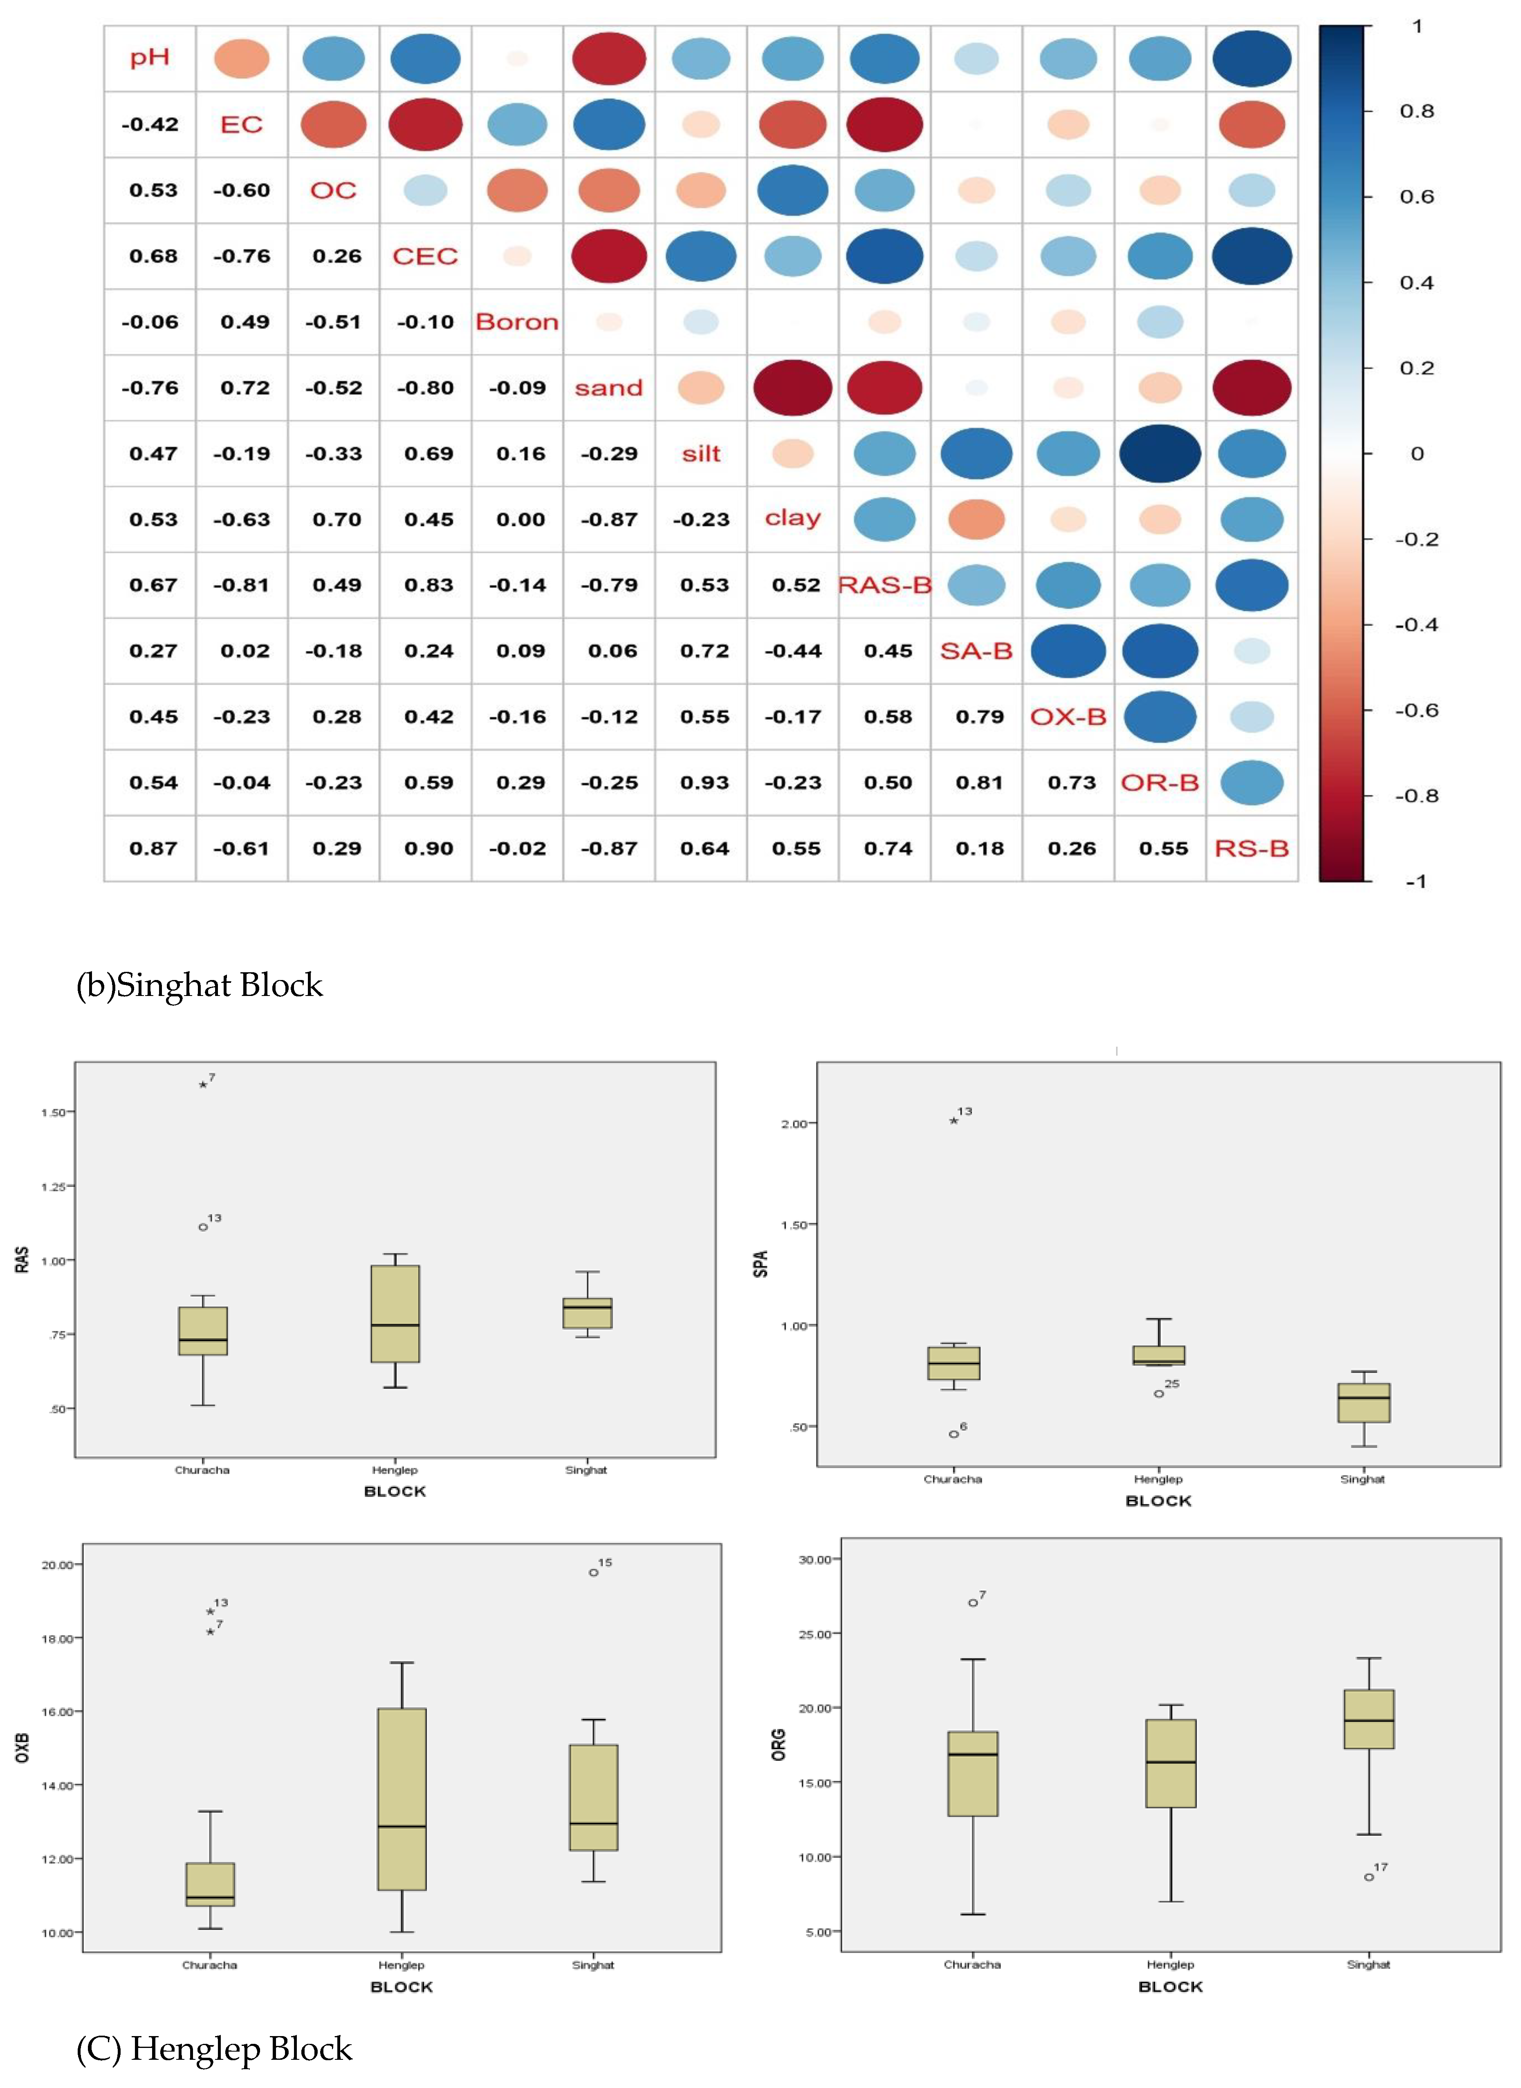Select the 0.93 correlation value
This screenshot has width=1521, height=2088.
[x=704, y=783]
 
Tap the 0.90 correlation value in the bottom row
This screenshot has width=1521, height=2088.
[x=428, y=848]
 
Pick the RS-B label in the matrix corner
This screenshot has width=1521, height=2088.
[x=1251, y=848]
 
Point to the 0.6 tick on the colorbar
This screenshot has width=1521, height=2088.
[x=1416, y=196]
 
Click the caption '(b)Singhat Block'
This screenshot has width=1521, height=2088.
[x=199, y=985]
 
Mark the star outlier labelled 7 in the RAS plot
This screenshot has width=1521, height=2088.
[x=202, y=1085]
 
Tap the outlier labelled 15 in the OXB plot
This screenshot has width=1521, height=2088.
[x=594, y=1572]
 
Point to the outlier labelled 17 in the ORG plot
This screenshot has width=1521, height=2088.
[x=1369, y=1877]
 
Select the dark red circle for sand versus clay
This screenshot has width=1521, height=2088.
[x=793, y=388]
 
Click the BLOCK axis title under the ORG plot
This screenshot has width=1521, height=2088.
[x=1170, y=1987]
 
